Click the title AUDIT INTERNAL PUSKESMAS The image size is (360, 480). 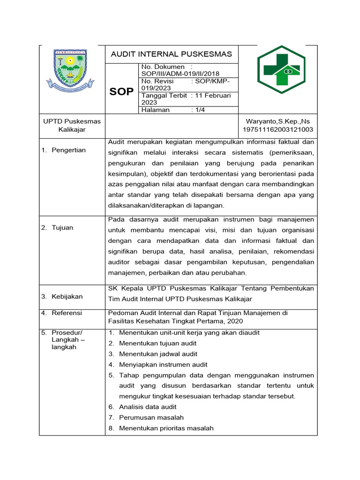(171, 54)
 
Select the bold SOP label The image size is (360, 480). (121, 91)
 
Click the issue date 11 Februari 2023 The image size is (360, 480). (213, 96)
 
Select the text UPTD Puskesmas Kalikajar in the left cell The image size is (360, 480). (72, 125)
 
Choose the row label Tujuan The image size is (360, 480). (63, 227)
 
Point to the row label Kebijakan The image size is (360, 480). (67, 296)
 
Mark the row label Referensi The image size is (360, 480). (67, 313)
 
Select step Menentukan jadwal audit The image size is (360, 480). (158, 354)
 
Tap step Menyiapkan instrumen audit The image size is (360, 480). (163, 364)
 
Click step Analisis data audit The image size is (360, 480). (148, 407)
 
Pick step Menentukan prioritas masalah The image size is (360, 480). (166, 428)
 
